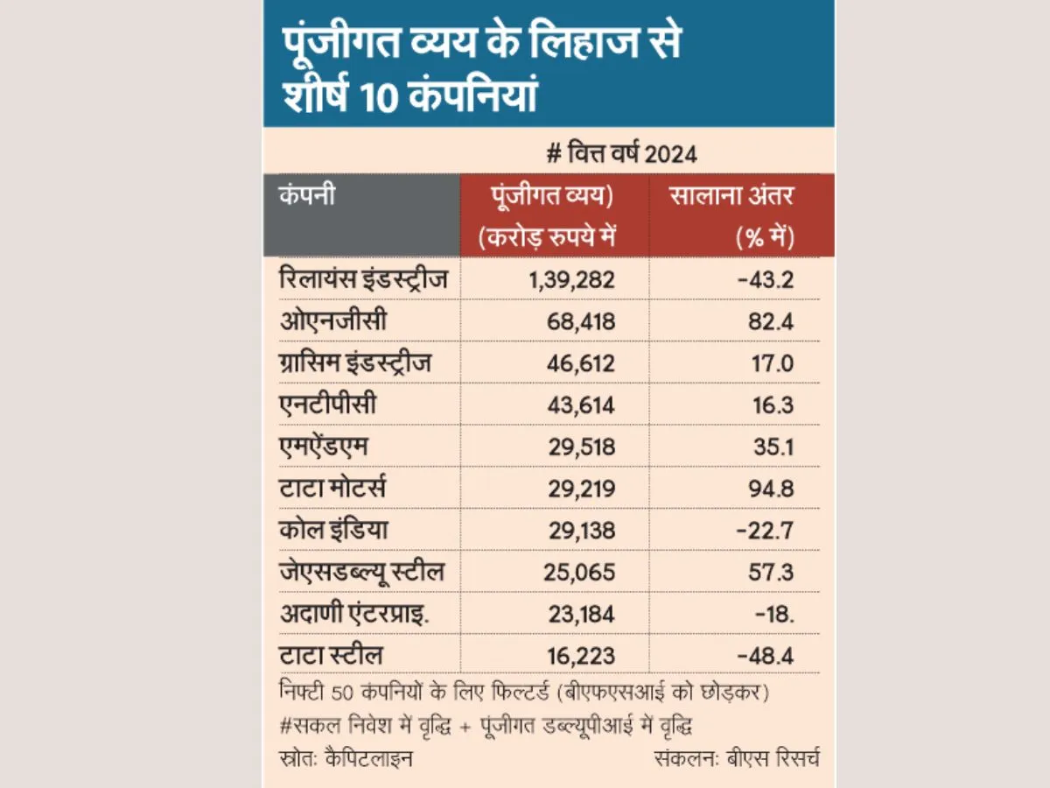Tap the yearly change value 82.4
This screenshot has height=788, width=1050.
tap(771, 321)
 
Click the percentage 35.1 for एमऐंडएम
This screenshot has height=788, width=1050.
tap(773, 447)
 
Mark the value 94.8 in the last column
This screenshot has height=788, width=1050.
tap(771, 489)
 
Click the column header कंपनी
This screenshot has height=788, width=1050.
tap(307, 195)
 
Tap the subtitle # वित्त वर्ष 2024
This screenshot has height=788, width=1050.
tap(622, 154)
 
